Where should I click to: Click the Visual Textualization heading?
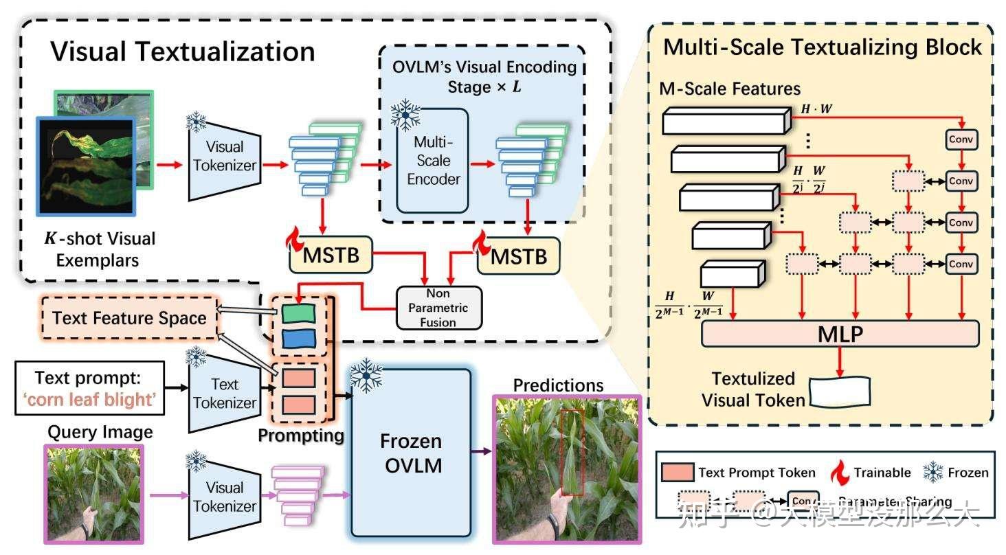(x=183, y=52)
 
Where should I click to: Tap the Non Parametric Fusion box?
(x=439, y=307)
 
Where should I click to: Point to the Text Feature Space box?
(x=129, y=318)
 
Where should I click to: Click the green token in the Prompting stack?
(x=298, y=313)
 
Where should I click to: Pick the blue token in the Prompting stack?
(x=298, y=338)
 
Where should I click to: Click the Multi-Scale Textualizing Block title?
(x=822, y=47)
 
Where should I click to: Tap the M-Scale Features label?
(x=730, y=89)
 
